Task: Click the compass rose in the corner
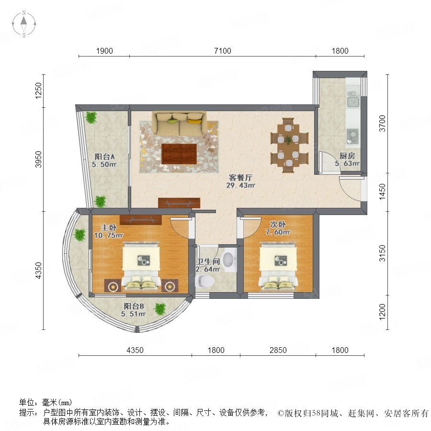point(24,24)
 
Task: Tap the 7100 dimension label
point(222,51)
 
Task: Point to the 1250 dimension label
point(38,91)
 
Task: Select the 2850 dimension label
point(278,350)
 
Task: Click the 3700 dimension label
point(382,124)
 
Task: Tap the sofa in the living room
point(179,123)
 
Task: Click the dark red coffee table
point(179,154)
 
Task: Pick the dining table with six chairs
point(288,145)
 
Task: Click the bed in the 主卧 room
point(141,266)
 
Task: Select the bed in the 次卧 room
point(278,266)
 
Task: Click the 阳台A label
point(104,157)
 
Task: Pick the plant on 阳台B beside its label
point(160,309)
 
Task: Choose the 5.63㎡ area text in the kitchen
point(347,164)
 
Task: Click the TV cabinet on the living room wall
point(179,203)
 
